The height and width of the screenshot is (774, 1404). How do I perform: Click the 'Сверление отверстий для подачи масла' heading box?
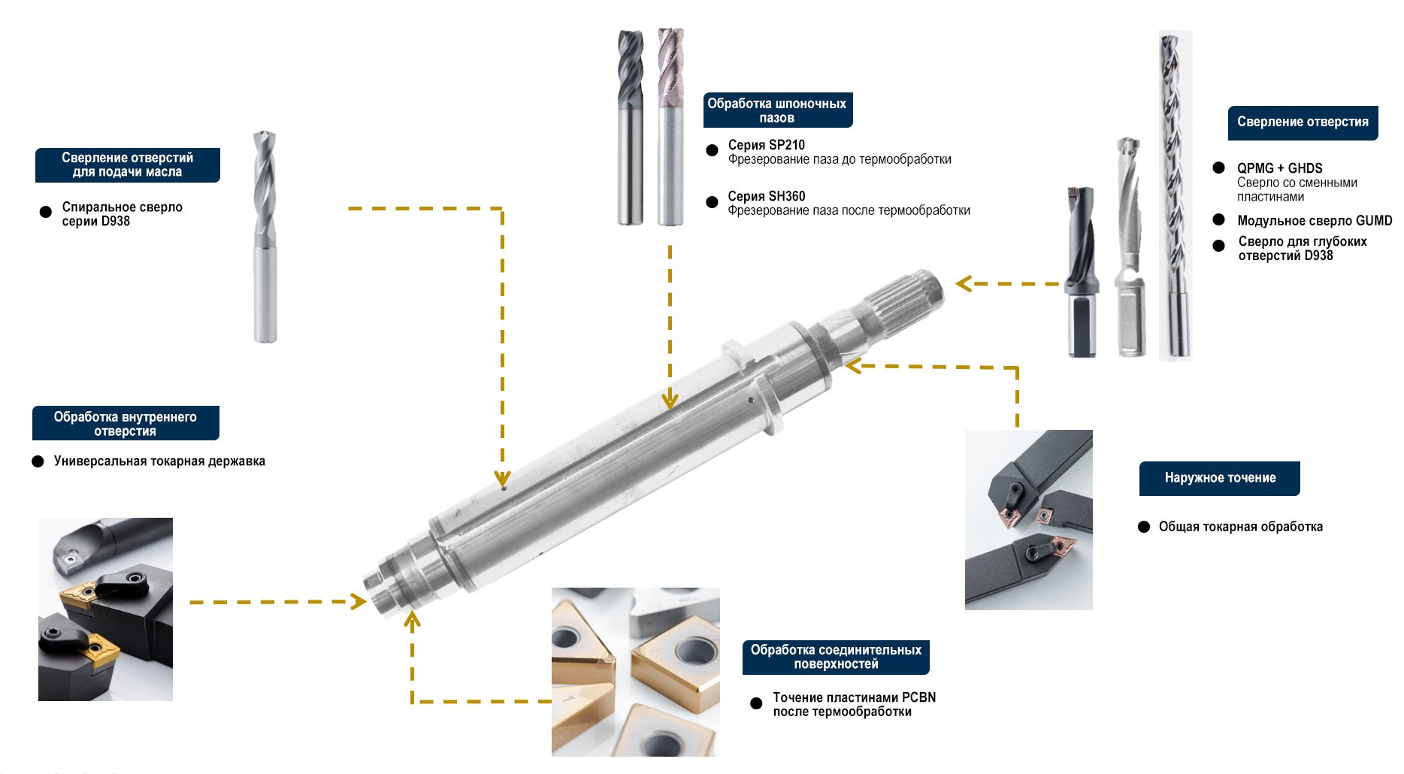(x=128, y=165)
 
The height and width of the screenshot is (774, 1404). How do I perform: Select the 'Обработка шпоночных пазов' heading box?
(x=778, y=110)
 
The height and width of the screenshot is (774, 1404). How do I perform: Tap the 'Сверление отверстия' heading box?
(x=1303, y=122)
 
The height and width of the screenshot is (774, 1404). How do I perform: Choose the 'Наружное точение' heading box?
(x=1220, y=479)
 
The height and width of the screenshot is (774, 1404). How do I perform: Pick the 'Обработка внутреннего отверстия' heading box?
(x=126, y=424)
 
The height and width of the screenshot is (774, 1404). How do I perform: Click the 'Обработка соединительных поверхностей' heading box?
(x=836, y=658)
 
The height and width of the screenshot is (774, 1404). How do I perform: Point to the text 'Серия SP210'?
(x=767, y=145)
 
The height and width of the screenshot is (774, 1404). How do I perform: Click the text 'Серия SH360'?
(x=767, y=196)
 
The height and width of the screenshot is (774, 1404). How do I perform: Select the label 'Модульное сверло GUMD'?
(x=1315, y=220)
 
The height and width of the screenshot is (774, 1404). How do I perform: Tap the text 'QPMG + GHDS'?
(x=1280, y=168)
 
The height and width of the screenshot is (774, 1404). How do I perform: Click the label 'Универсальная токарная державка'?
(x=159, y=461)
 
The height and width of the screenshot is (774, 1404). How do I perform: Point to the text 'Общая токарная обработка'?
(x=1241, y=527)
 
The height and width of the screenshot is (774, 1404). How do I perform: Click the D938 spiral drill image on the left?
(x=265, y=237)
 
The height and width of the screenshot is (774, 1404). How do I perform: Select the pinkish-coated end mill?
(x=670, y=127)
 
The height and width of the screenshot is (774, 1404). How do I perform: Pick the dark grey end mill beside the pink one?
(x=631, y=127)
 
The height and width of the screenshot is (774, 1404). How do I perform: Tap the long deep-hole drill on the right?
(x=1175, y=195)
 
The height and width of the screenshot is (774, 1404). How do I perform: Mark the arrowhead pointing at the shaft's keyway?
(x=670, y=400)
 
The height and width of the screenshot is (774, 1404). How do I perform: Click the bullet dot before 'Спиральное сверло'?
(x=46, y=212)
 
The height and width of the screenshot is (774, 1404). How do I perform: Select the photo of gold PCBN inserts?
(x=636, y=672)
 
